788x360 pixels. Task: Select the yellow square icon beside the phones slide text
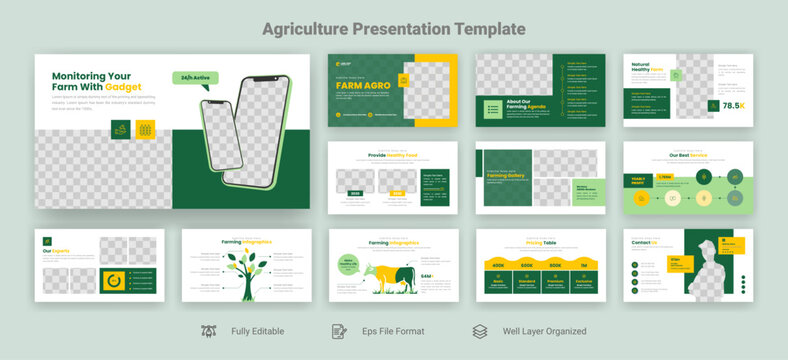(x=145, y=130)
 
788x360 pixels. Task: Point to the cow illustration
(x=393, y=277)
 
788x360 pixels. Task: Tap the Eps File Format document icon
(x=339, y=331)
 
